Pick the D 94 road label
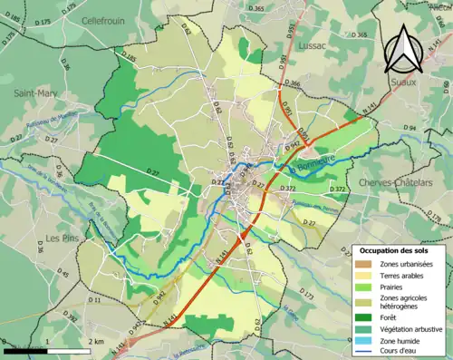coord(409,128)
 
